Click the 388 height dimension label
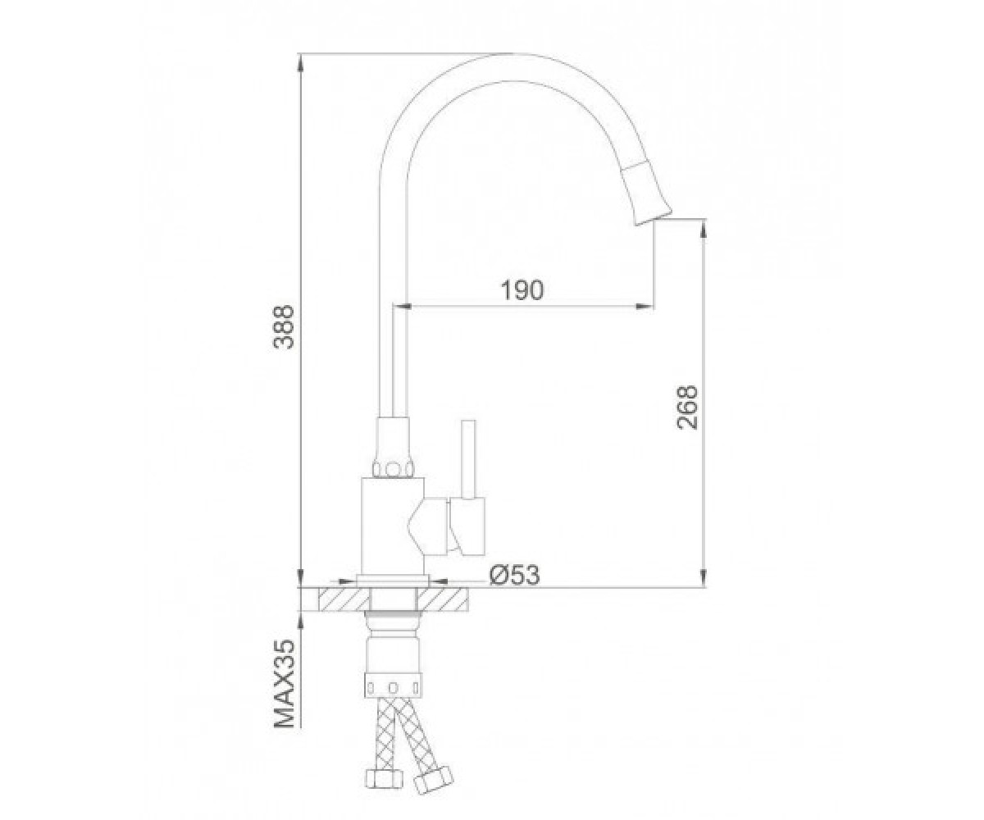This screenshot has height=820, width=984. (x=285, y=327)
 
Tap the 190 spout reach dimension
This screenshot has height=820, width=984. (x=522, y=290)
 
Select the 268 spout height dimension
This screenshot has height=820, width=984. (x=686, y=408)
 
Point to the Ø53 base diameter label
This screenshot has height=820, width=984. (x=514, y=575)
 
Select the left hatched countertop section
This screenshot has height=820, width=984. (x=344, y=599)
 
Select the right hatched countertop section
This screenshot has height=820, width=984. (x=443, y=599)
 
